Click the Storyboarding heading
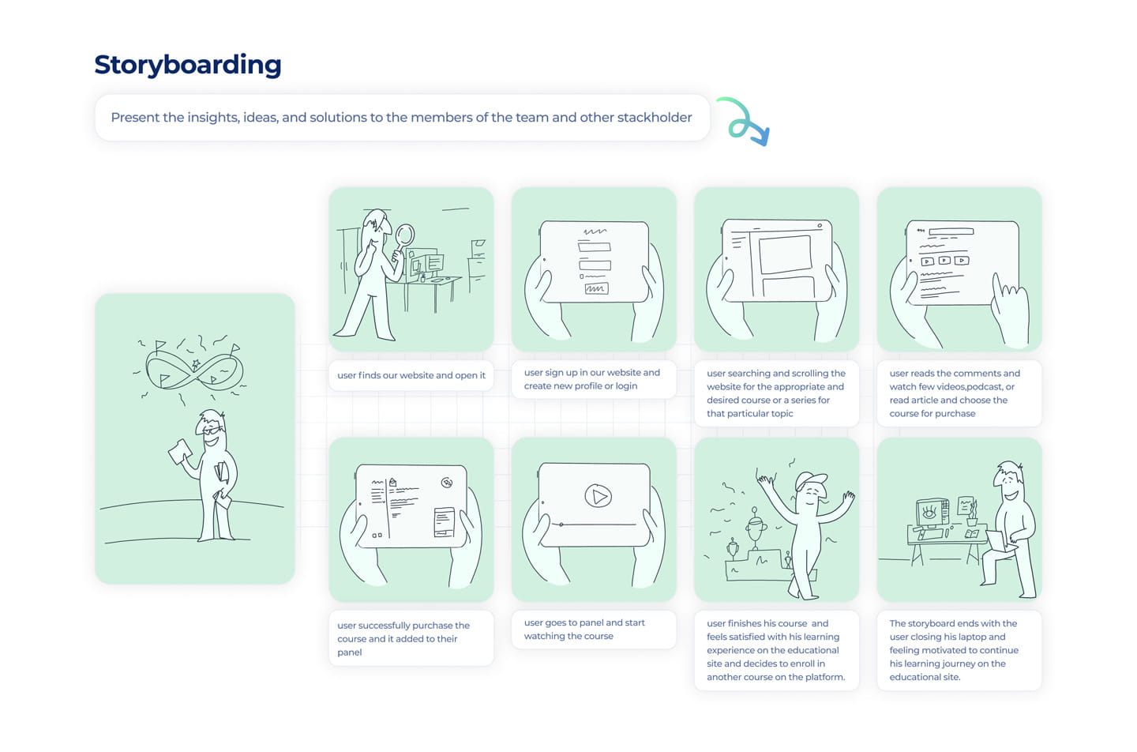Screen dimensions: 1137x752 click(188, 66)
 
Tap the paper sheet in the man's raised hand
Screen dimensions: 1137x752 click(180, 451)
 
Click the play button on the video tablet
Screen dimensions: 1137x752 click(598, 496)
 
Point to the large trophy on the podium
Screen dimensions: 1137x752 click(756, 528)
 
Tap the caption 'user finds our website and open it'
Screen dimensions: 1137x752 click(411, 375)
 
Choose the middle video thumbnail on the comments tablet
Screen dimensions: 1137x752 click(944, 261)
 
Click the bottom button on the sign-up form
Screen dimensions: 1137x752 click(596, 288)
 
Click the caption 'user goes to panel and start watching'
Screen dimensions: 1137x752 click(584, 629)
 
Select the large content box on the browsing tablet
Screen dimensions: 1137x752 click(785, 254)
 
